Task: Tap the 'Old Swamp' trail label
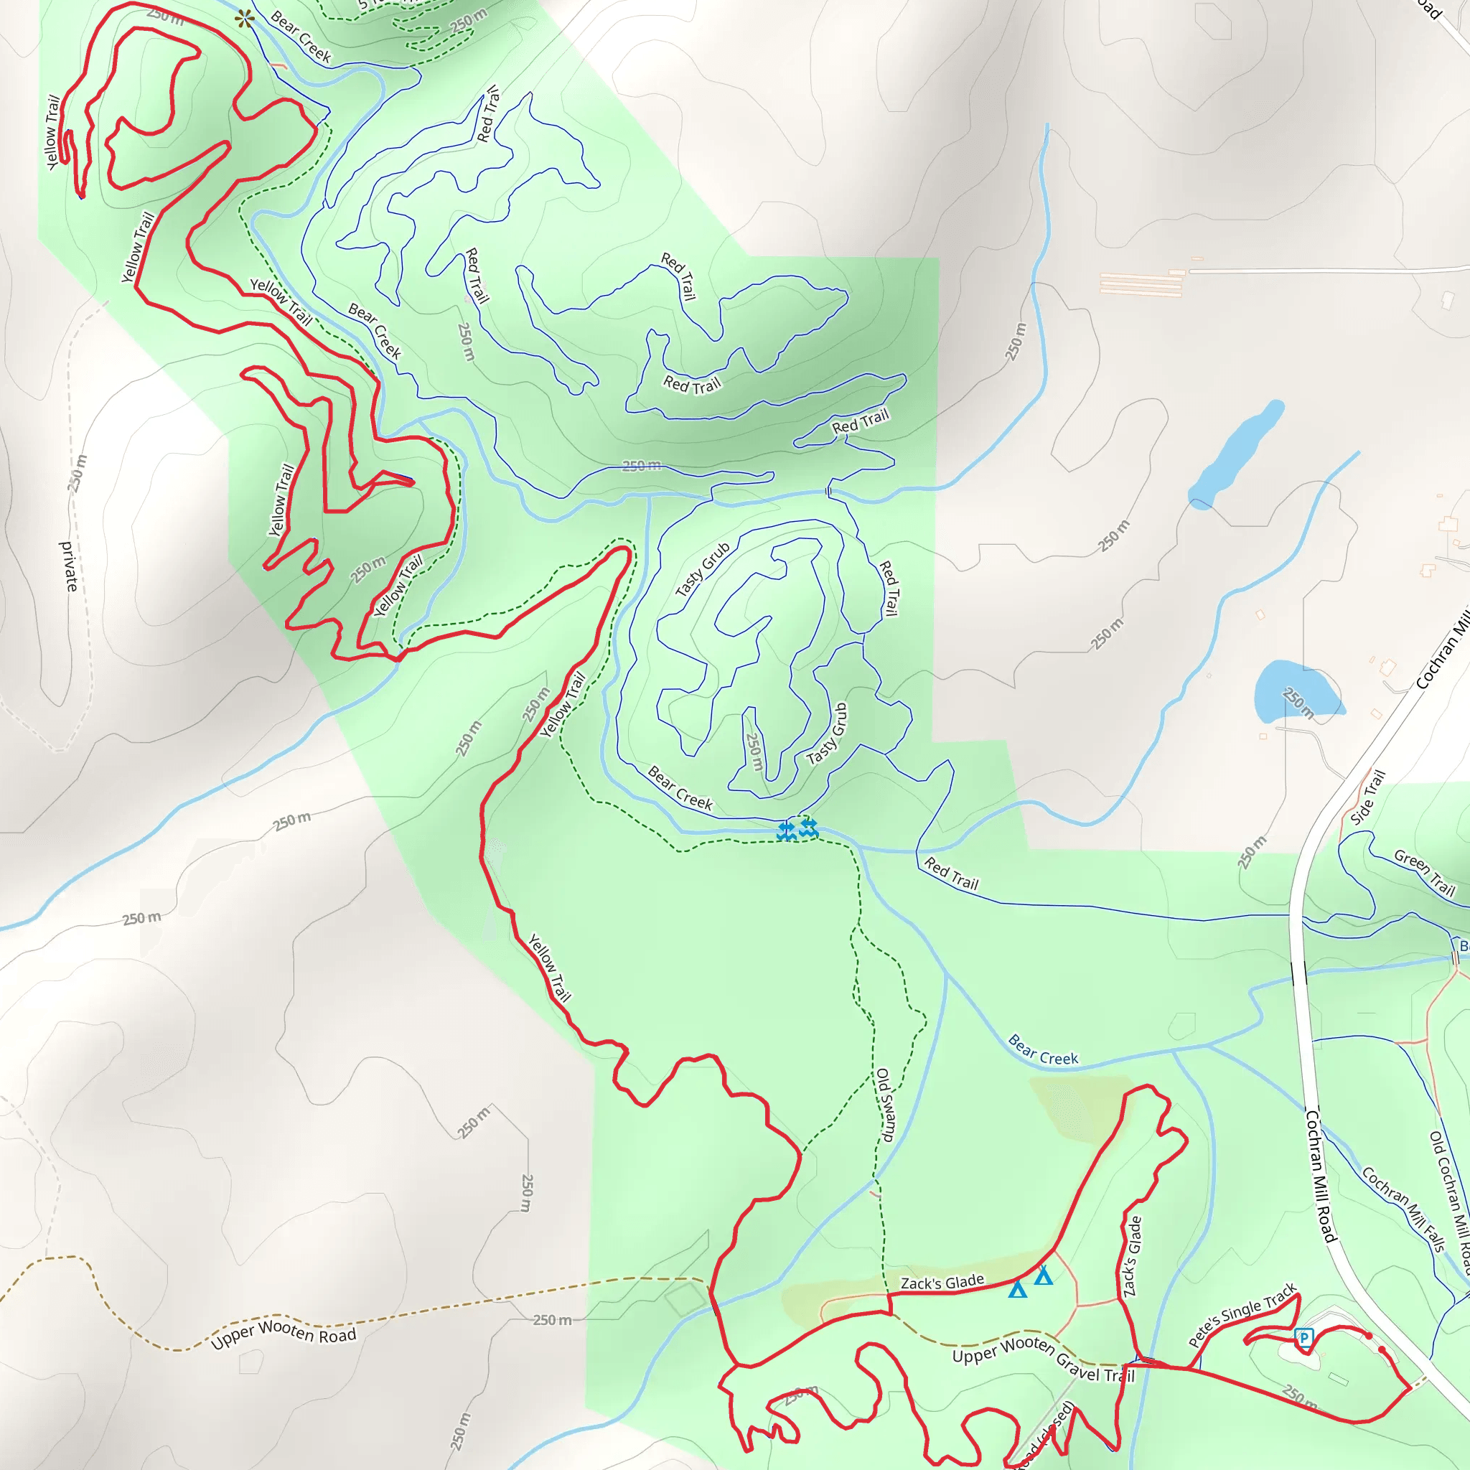(x=884, y=1105)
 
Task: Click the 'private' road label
(x=69, y=566)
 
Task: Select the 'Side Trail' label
(x=1368, y=797)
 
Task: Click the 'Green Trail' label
(x=1424, y=873)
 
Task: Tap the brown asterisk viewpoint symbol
(x=244, y=20)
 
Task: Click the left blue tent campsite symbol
(x=1017, y=1289)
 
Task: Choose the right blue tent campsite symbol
(x=1043, y=1276)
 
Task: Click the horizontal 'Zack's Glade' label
(x=942, y=1283)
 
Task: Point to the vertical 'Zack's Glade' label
(x=1132, y=1256)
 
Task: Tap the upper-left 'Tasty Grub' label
(x=703, y=569)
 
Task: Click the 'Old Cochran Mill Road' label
(x=1450, y=1202)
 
